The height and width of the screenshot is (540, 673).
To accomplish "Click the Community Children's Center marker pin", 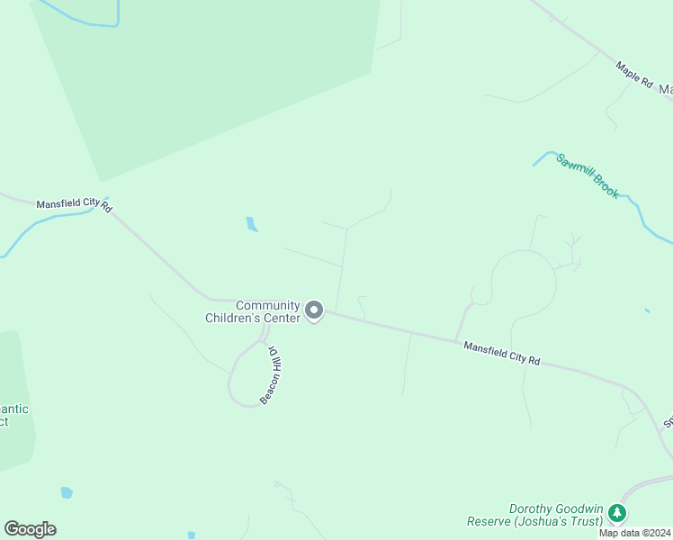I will (314, 310).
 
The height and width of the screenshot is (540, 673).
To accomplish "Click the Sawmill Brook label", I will (588, 175).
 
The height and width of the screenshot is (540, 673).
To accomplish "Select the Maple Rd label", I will (634, 74).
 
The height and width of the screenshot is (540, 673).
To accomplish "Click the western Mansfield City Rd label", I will (73, 204).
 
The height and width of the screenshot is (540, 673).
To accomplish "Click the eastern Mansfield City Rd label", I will (501, 353).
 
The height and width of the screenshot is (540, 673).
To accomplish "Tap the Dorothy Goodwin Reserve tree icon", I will (616, 513).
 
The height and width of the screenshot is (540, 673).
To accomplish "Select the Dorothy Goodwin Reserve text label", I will (536, 515).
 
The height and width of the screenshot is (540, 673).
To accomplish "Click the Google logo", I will (30, 529).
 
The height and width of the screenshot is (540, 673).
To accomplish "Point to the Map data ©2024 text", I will (634, 533).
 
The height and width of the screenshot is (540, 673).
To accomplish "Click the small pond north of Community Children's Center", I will (252, 224).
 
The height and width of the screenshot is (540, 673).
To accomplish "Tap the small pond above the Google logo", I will (66, 492).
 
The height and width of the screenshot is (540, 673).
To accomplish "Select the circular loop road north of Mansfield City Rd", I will (524, 283).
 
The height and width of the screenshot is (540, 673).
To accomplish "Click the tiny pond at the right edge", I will (647, 310).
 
